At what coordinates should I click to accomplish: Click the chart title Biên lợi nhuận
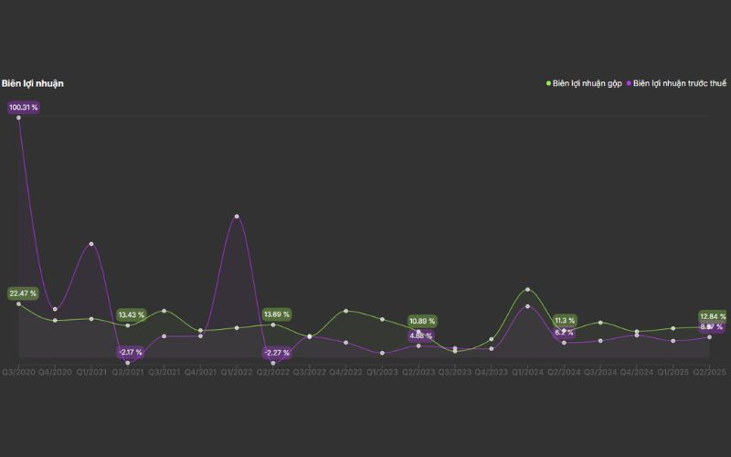point(32,83)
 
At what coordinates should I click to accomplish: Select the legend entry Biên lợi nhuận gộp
point(587,83)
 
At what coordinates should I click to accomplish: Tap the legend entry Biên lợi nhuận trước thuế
point(679,83)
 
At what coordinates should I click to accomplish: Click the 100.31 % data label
point(23,108)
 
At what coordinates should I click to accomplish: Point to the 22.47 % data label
point(23,293)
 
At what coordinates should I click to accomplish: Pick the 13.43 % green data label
point(131,314)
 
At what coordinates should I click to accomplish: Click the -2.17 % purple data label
point(131,353)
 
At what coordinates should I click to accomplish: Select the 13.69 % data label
point(276,314)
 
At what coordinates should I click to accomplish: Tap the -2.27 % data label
point(276,353)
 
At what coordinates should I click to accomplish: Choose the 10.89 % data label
point(422,321)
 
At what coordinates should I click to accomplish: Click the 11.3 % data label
point(565,321)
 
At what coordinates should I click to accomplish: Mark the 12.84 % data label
point(713,316)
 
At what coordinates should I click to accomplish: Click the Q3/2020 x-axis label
point(18,372)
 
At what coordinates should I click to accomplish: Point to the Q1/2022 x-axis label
point(237,372)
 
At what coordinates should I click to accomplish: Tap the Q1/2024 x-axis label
point(527,372)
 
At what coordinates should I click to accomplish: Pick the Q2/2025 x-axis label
point(709,372)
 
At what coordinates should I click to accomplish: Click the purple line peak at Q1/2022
point(237,217)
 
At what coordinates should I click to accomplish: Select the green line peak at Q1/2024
point(527,290)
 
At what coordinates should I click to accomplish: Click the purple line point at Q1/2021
point(91,244)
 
